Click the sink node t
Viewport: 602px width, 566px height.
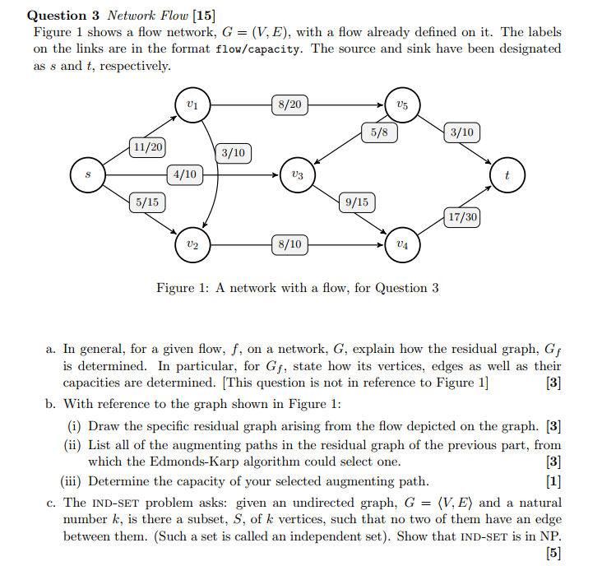[x=507, y=175]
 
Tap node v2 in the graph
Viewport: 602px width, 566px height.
[x=192, y=244]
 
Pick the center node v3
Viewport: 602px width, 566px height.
[x=297, y=175]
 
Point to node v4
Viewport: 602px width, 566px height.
[x=401, y=244]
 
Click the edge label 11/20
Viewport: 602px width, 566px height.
[x=148, y=147]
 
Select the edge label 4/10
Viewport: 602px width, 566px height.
[x=184, y=174]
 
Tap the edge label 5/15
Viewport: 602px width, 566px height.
[x=148, y=200]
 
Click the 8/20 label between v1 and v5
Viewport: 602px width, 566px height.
[x=289, y=104]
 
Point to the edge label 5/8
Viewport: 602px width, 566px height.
[x=380, y=132]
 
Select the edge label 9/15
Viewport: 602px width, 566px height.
[x=357, y=201]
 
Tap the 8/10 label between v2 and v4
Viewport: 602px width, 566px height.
[x=289, y=244]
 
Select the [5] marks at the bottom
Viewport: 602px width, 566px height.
[x=553, y=554]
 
